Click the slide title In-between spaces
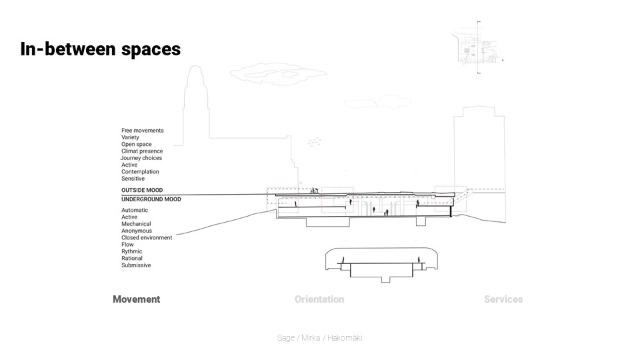100,49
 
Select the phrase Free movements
142,131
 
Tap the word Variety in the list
130,137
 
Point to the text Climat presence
142,151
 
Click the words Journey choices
141,158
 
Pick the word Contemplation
140,172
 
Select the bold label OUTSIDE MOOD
141,191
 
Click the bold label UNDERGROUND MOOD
151,199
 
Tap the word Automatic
135,211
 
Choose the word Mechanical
136,224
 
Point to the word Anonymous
136,231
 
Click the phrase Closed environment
147,238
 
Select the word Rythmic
131,251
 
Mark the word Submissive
136,265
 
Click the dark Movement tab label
136,299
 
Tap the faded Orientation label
319,299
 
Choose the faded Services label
503,299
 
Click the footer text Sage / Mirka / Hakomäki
319,338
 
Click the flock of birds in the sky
314,141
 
